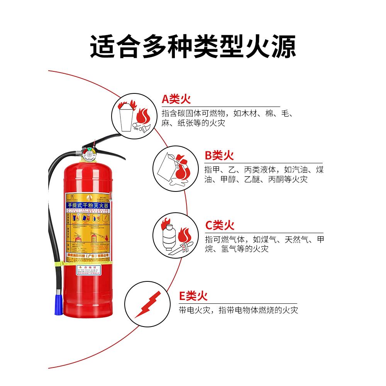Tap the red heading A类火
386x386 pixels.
(176, 100)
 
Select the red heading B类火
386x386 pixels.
(219, 156)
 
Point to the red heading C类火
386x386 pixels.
(219, 225)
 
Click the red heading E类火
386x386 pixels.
(193, 296)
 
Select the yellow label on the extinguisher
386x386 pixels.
(88, 226)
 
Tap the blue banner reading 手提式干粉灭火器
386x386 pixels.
(88, 207)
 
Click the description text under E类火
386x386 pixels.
(238, 310)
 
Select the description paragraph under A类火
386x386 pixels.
(228, 119)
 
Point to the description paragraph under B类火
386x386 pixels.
(264, 174)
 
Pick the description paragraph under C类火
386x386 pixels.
(264, 244)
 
